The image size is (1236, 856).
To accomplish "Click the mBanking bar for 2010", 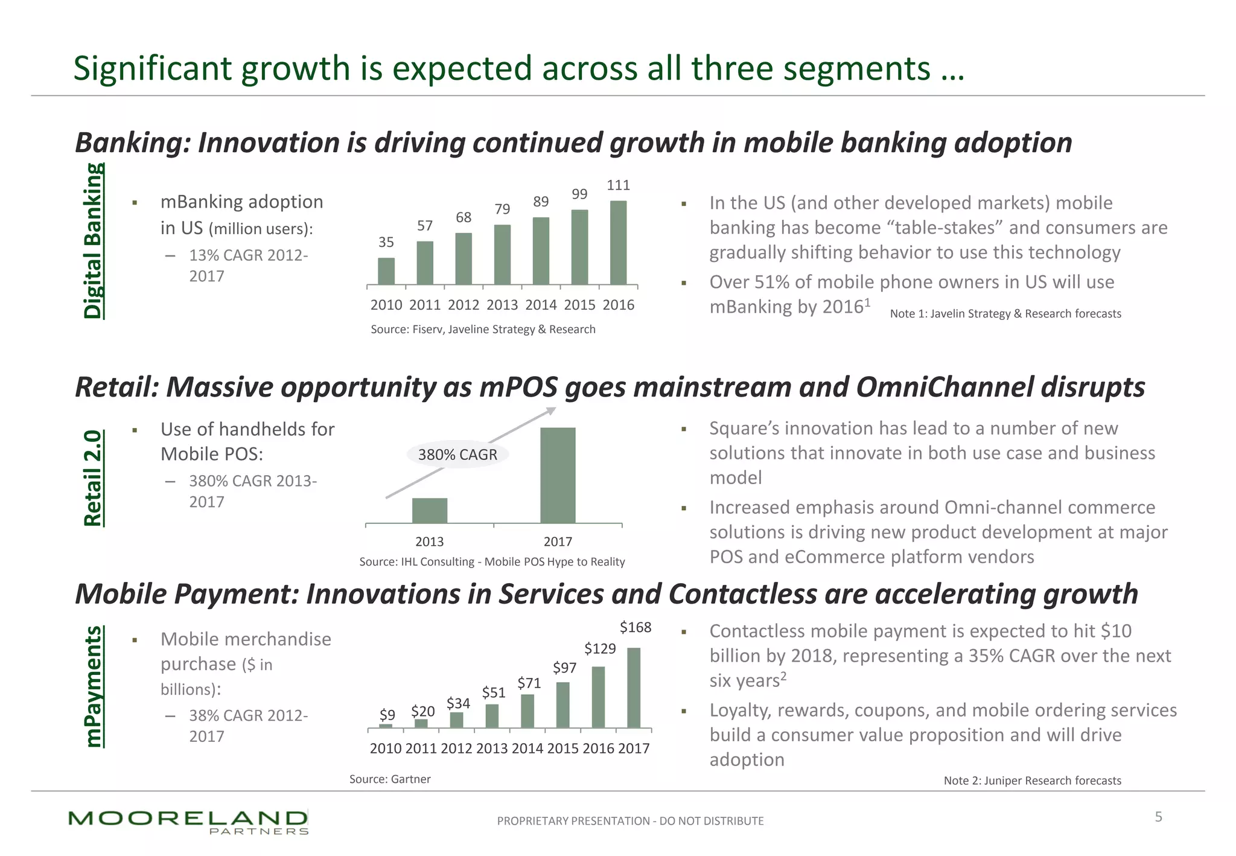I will pos(386,271).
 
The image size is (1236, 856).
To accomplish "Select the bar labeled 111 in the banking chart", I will pos(618,243).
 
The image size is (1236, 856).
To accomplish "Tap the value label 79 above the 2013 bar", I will pos(502,209).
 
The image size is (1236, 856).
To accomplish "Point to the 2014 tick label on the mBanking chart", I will pos(541,305).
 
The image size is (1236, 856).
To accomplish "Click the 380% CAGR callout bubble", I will pos(457,455).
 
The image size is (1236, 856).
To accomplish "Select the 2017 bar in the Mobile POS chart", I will pos(558,475).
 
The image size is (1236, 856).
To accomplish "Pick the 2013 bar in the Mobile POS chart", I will pos(430,510).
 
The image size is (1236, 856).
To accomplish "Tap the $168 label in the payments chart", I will pos(636,627).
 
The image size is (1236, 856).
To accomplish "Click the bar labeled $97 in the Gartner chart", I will pos(562,704).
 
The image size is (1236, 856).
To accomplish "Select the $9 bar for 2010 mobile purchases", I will pos(386,726).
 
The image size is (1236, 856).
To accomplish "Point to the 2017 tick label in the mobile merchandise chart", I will pos(634,749).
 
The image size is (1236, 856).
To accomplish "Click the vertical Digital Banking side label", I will pos(93,241).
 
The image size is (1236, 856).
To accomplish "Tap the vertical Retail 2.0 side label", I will pos(93,478).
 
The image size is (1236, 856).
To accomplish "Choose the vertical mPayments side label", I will pos(93,686).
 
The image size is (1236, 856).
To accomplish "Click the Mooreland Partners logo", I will pos(188,822).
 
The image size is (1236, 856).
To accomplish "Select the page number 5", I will pos(1158,817).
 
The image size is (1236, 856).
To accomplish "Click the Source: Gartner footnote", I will pos(390,779).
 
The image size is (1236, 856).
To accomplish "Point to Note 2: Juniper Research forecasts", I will pos(1032,781).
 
